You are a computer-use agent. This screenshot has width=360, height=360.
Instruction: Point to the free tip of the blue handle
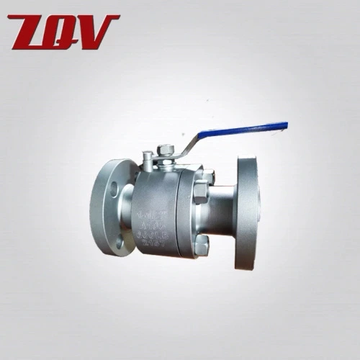coord(285,126)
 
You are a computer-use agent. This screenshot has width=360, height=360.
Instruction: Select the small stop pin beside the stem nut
coord(147,156)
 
